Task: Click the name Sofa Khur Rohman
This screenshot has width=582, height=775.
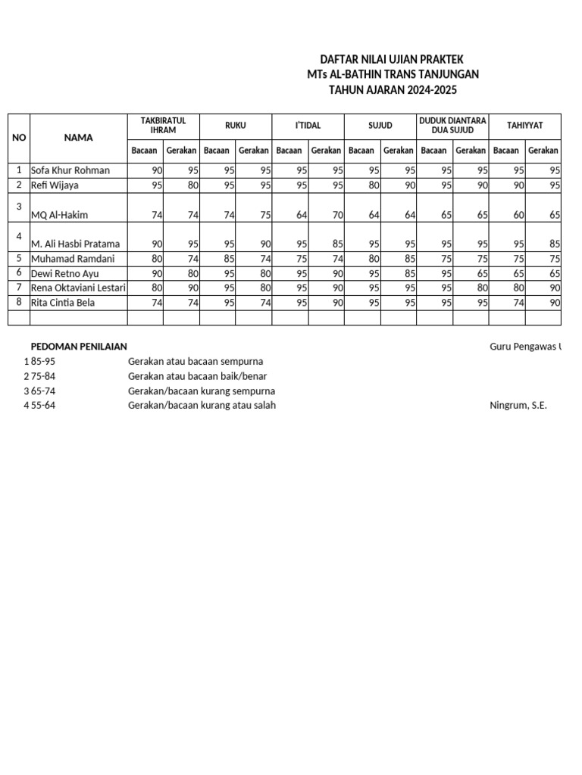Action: pyautogui.click(x=70, y=170)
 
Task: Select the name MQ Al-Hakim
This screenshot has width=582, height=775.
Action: pyautogui.click(x=59, y=215)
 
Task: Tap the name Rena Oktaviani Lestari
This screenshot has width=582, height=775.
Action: pyautogui.click(x=78, y=288)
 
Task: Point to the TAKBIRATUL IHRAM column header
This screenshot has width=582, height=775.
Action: pyautogui.click(x=163, y=126)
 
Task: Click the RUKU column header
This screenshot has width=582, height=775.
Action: pyautogui.click(x=236, y=126)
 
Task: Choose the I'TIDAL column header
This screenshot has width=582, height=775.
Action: pyautogui.click(x=308, y=126)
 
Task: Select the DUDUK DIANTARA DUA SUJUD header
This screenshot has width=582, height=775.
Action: pyautogui.click(x=452, y=126)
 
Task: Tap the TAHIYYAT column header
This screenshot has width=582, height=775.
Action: pyautogui.click(x=524, y=126)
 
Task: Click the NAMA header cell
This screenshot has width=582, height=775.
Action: pyautogui.click(x=78, y=138)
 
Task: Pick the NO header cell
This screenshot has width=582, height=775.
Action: pyautogui.click(x=19, y=138)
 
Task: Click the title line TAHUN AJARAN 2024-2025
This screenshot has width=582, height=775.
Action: pyautogui.click(x=393, y=90)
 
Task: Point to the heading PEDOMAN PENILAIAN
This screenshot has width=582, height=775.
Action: pyautogui.click(x=84, y=347)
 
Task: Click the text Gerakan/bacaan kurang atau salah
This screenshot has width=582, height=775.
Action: pyautogui.click(x=202, y=406)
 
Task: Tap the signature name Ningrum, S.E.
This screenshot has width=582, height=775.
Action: pyautogui.click(x=518, y=406)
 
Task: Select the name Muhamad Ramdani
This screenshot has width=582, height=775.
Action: pyautogui.click(x=73, y=259)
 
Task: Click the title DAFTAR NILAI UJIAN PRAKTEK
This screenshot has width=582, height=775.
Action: pyautogui.click(x=393, y=59)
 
